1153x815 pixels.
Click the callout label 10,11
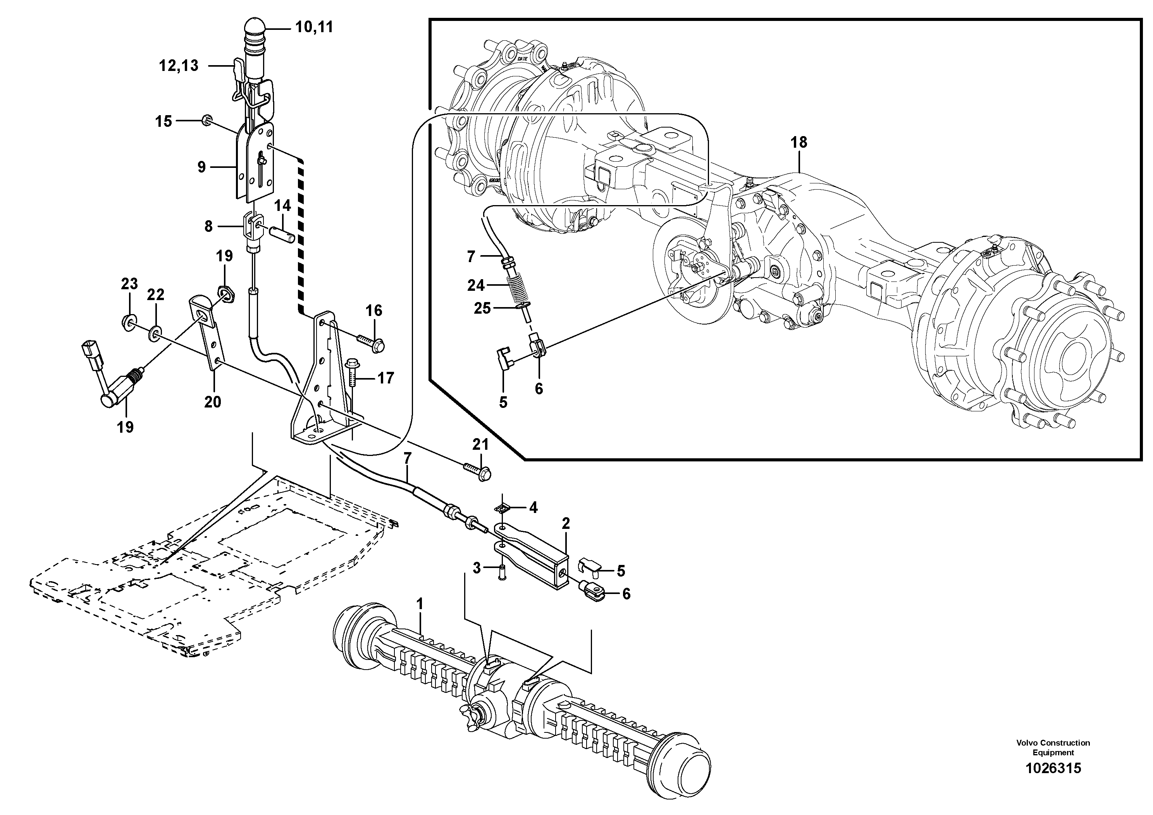(x=314, y=27)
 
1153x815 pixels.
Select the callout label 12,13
(x=179, y=65)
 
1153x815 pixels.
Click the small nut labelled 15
(x=206, y=120)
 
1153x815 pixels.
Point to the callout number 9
(x=201, y=167)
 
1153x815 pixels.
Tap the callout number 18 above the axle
(x=798, y=142)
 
